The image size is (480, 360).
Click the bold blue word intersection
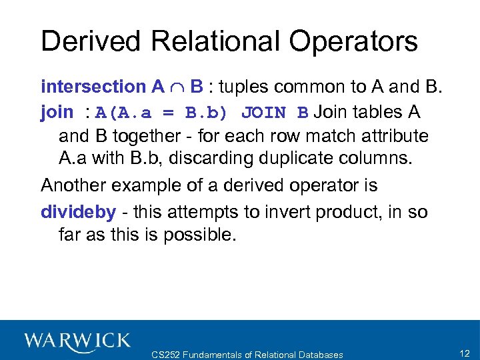(x=93, y=87)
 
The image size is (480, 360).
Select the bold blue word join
(x=57, y=111)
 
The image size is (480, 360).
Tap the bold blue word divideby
(x=78, y=211)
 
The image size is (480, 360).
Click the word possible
(x=199, y=235)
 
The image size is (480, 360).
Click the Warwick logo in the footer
(x=77, y=341)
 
